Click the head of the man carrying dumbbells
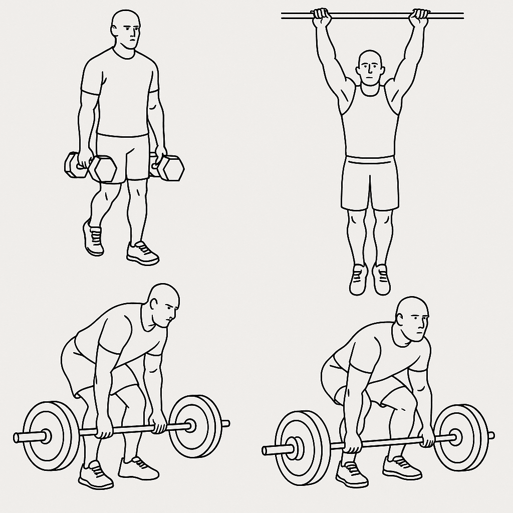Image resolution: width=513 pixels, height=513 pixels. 125,30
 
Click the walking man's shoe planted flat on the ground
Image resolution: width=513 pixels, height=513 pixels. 143,253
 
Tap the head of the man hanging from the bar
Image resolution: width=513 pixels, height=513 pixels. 370,68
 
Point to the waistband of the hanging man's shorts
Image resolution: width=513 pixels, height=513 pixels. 370,160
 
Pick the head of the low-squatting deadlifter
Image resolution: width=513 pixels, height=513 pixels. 412,318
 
